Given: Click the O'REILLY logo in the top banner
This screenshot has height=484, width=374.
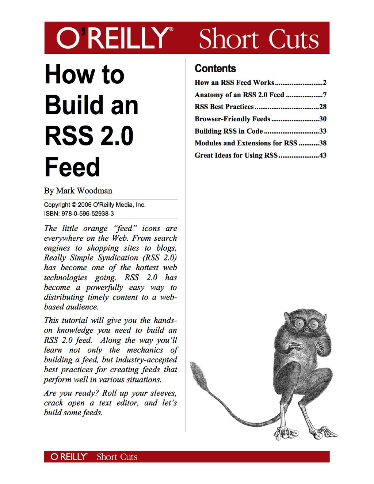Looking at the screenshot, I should click(x=115, y=38).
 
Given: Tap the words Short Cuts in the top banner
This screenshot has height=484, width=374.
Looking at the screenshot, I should click(x=259, y=39).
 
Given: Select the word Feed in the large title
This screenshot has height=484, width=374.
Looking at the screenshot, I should click(x=72, y=167).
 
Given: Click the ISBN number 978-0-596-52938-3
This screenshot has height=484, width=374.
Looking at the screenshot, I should click(x=87, y=214).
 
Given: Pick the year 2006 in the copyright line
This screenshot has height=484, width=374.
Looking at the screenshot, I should click(x=84, y=205).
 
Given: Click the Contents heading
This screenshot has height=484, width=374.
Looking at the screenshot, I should click(x=215, y=68).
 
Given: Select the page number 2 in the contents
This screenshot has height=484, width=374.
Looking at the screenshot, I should click(x=325, y=83).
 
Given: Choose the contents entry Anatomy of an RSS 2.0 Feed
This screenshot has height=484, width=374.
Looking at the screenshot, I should click(x=239, y=95).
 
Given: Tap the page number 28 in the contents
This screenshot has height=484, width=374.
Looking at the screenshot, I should click(x=323, y=107).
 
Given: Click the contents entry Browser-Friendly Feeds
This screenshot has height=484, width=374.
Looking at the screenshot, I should click(x=232, y=119).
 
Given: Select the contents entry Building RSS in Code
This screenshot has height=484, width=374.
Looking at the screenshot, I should click(x=229, y=131).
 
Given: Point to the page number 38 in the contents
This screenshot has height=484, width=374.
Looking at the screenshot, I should click(x=323, y=143).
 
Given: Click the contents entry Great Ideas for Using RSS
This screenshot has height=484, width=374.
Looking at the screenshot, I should click(x=236, y=155).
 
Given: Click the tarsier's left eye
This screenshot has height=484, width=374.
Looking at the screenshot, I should click(x=299, y=323).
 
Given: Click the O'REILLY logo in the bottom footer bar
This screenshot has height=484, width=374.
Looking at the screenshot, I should click(x=69, y=457).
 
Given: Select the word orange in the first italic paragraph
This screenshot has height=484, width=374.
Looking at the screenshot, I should click(x=95, y=229).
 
